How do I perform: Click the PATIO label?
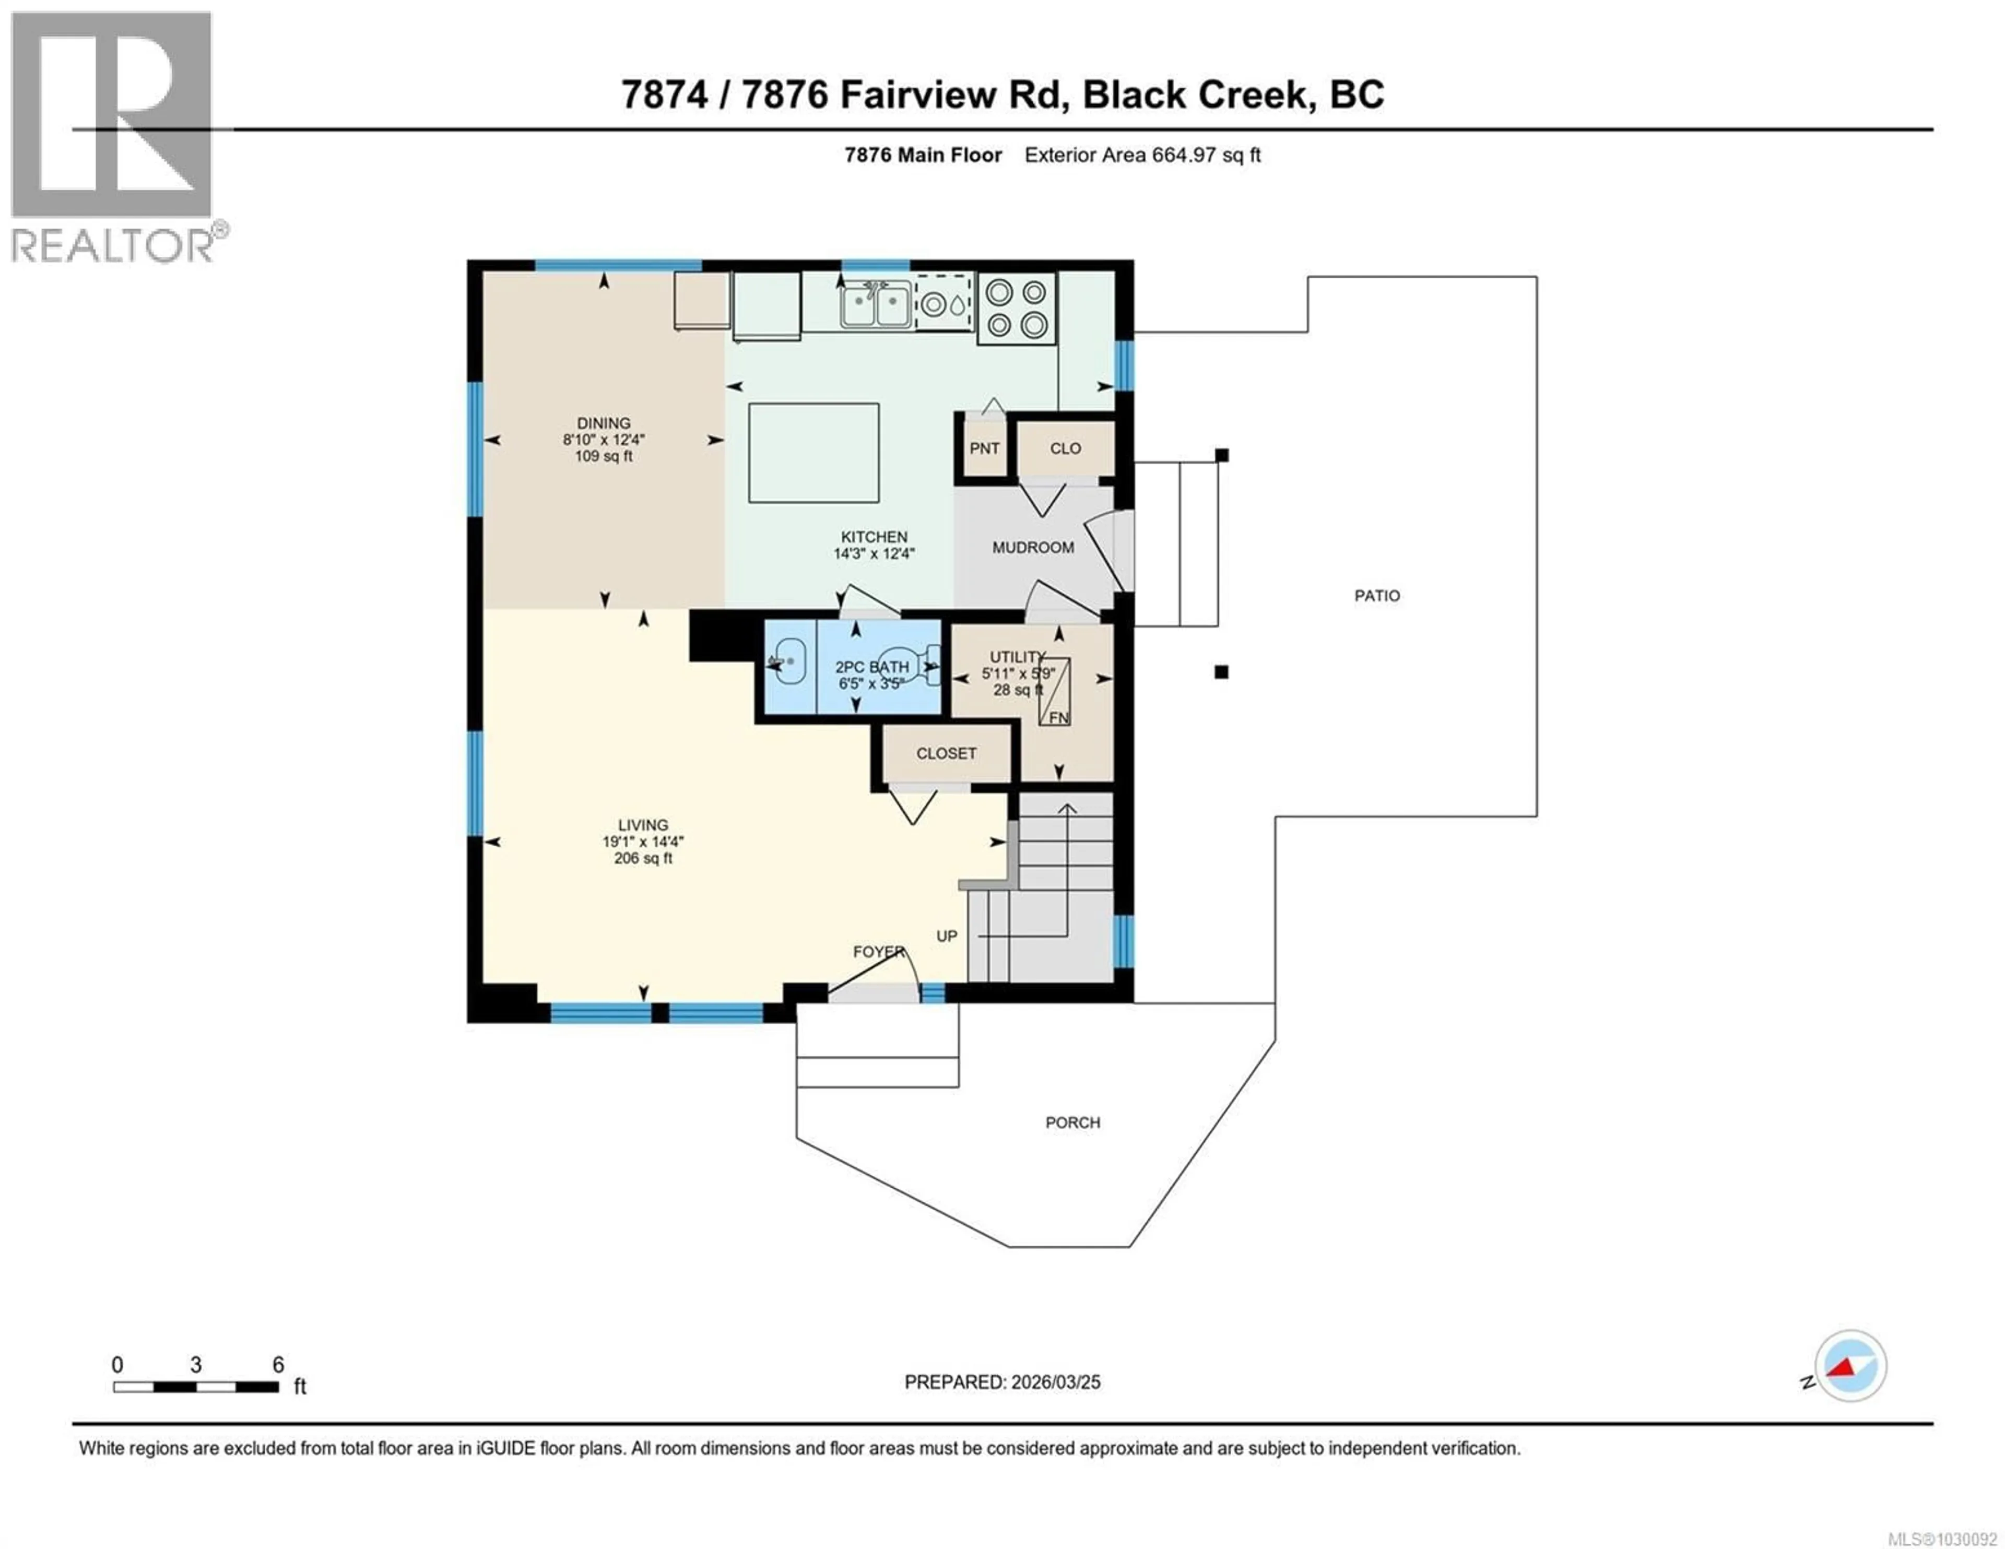(x=1377, y=596)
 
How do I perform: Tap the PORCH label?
(x=1072, y=1122)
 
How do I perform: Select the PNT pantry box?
(x=984, y=448)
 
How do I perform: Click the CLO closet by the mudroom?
(x=1065, y=448)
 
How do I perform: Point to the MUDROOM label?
(x=1033, y=547)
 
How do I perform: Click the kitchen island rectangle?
(x=813, y=453)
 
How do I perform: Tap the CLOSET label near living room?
(x=946, y=753)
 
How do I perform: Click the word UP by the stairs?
(x=947, y=936)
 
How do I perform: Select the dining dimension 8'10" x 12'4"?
(x=604, y=440)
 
